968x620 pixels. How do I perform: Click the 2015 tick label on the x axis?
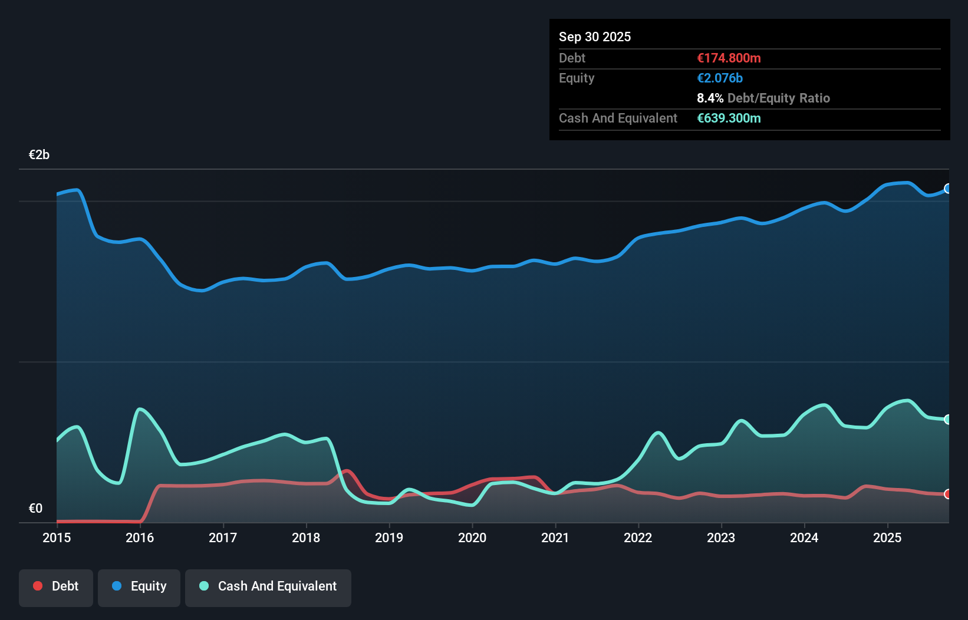(x=57, y=537)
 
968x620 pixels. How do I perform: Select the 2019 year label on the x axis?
(x=389, y=537)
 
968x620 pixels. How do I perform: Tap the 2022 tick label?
(x=638, y=537)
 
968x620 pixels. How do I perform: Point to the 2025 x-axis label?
(x=887, y=537)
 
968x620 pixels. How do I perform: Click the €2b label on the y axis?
(x=39, y=155)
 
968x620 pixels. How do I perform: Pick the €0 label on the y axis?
(x=35, y=508)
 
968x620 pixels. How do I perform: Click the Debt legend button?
(x=56, y=586)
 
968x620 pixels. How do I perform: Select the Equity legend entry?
(x=139, y=586)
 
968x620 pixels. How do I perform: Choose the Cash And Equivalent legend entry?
(x=268, y=586)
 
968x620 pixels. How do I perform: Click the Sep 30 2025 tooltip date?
(x=594, y=37)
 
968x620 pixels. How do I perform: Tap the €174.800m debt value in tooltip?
(x=729, y=58)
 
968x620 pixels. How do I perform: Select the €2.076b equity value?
(x=719, y=78)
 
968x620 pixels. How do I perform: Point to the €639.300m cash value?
(x=729, y=118)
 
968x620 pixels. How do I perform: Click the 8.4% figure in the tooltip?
(x=710, y=98)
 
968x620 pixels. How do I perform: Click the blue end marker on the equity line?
(x=948, y=189)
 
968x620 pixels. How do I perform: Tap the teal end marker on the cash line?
(x=948, y=420)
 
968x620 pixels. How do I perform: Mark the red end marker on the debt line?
(x=948, y=494)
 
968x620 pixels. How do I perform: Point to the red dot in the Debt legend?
(x=38, y=586)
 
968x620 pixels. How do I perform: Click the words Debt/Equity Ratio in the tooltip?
(x=778, y=98)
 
